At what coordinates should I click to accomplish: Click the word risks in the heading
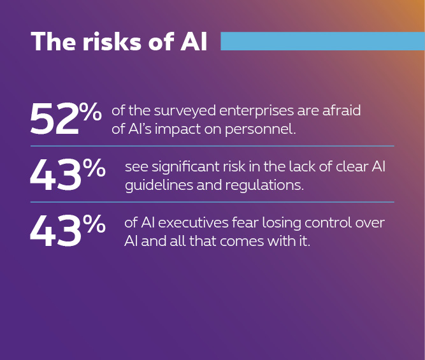(112, 41)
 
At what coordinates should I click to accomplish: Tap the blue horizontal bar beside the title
(323, 41)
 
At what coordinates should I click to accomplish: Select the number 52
(55, 119)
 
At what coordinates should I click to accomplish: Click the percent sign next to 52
(90, 112)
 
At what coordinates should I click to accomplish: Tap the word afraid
(342, 110)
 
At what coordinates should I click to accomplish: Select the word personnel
(260, 129)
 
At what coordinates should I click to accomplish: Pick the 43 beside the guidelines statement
(55, 175)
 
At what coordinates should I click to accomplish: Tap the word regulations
(264, 185)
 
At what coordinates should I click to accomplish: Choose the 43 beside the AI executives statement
(55, 231)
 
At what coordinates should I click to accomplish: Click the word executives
(193, 223)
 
